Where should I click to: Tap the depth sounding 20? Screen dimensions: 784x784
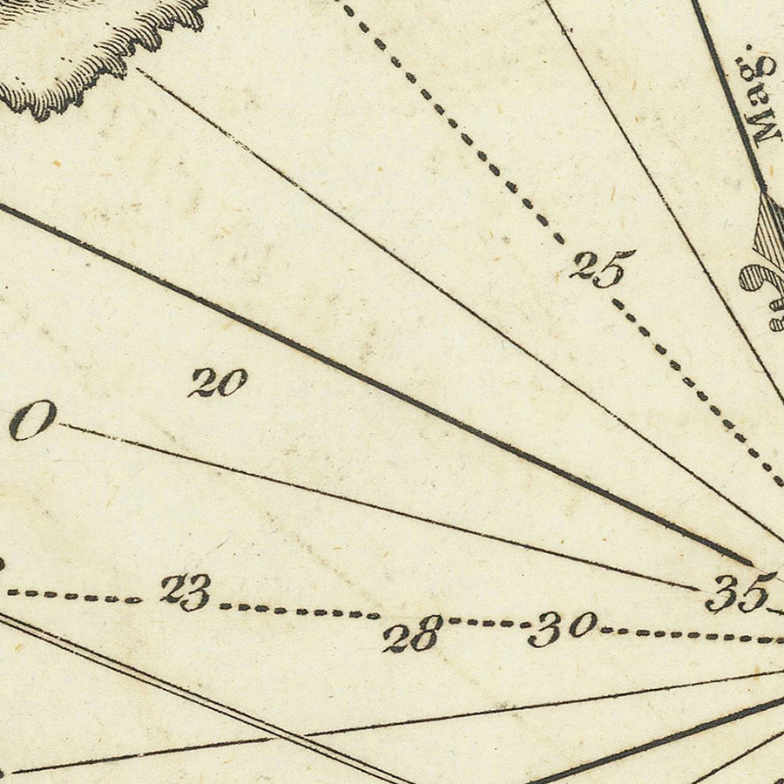click(218, 382)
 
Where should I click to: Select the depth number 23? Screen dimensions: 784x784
click(186, 591)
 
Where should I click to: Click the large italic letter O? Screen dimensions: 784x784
click(33, 420)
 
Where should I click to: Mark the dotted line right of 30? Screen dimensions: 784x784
click(688, 635)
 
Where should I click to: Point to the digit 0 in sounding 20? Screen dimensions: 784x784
click(232, 381)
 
